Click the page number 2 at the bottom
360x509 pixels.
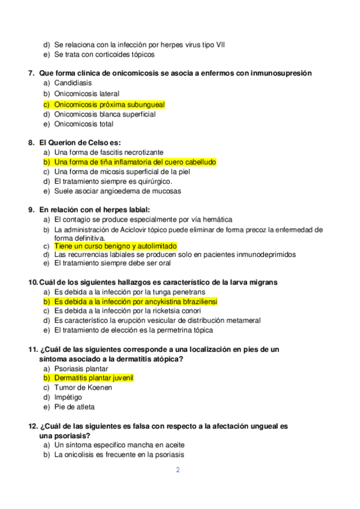(x=178, y=470)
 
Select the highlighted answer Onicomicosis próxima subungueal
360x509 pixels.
(x=109, y=104)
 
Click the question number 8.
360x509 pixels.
(x=32, y=143)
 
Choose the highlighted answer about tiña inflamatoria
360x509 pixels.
(x=135, y=162)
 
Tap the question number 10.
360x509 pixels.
(x=33, y=282)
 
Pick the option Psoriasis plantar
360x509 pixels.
(x=81, y=369)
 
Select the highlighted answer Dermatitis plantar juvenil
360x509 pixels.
(x=93, y=378)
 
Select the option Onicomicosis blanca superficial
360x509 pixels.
(x=104, y=114)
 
